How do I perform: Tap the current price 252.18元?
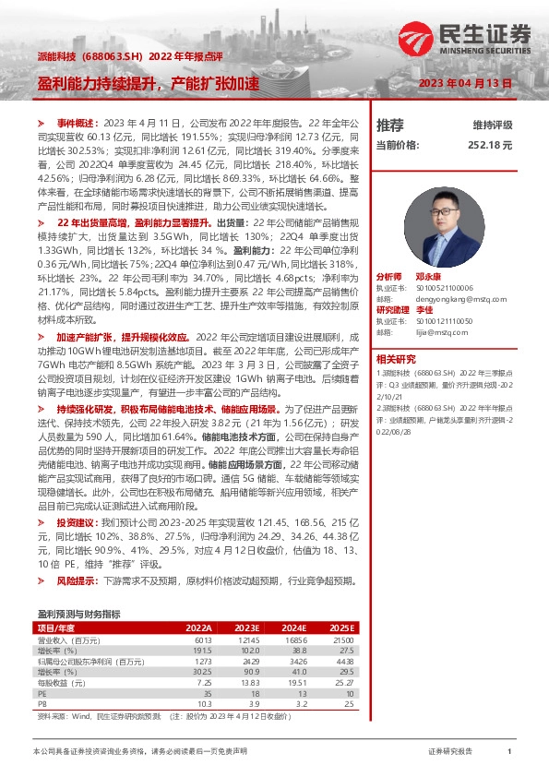pyautogui.click(x=490, y=145)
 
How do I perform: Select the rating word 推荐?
pyautogui.click(x=390, y=124)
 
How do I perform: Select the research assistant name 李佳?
pyautogui.click(x=424, y=309)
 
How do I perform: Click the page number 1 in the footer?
pyautogui.click(x=509, y=753)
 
